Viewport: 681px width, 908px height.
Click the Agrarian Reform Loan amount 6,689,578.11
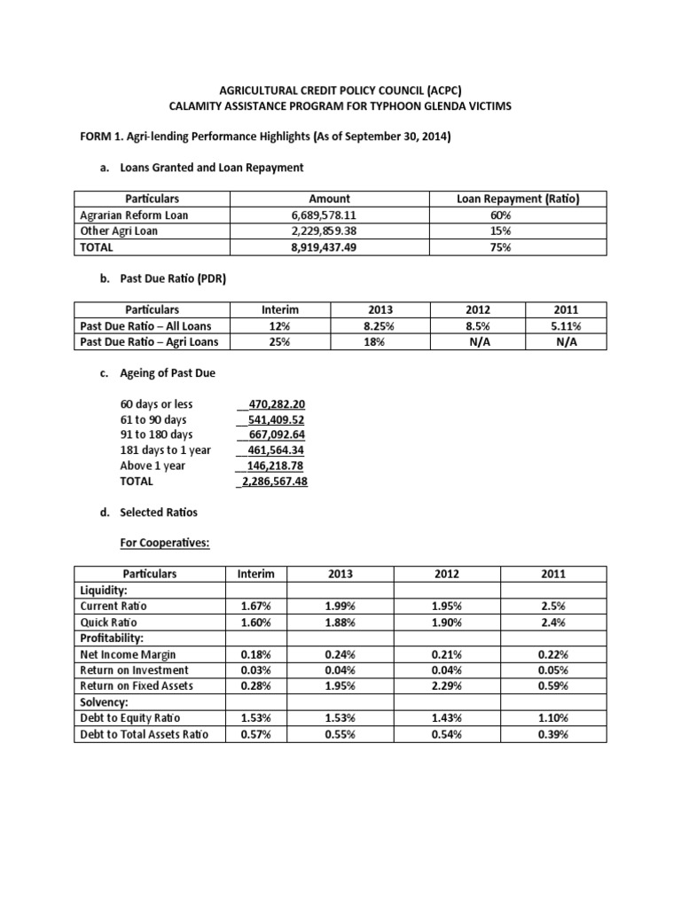329,215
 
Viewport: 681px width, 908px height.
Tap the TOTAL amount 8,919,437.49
329,248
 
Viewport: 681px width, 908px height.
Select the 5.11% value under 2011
566,326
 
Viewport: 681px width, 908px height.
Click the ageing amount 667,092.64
273,434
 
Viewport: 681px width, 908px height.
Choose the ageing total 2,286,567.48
273,481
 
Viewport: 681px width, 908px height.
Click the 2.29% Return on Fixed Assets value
445,686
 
